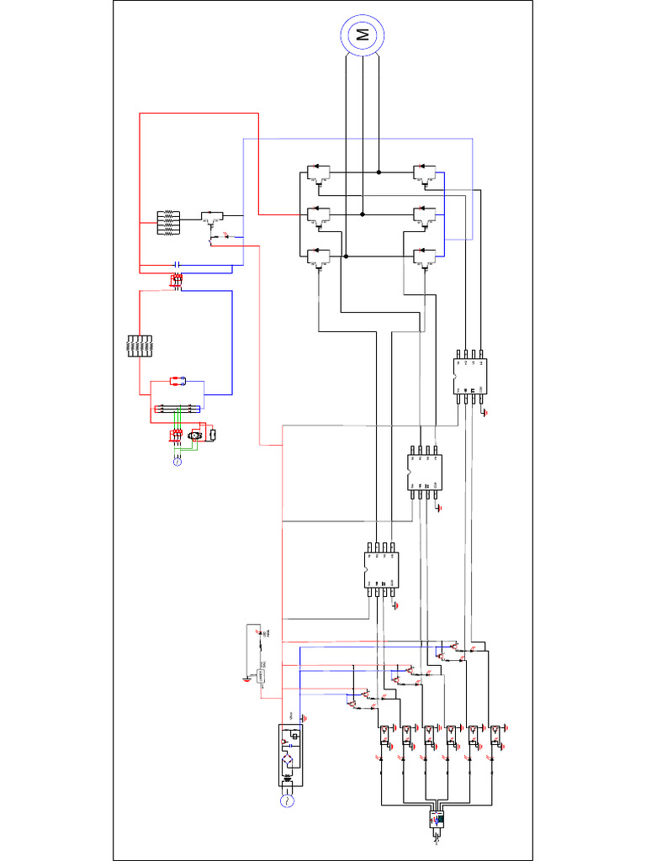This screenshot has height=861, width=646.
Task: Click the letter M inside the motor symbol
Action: coord(363,34)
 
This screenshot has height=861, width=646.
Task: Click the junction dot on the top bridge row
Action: coord(379,172)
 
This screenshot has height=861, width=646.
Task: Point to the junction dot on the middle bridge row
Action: coord(363,214)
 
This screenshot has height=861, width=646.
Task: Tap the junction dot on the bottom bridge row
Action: coord(346,256)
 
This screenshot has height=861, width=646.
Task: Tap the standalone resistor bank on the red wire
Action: coord(138,347)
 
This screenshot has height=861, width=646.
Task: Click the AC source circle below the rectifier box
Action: coord(286,802)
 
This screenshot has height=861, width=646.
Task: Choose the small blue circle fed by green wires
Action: coord(177,462)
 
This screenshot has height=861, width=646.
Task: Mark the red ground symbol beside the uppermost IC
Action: coord(485,412)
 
